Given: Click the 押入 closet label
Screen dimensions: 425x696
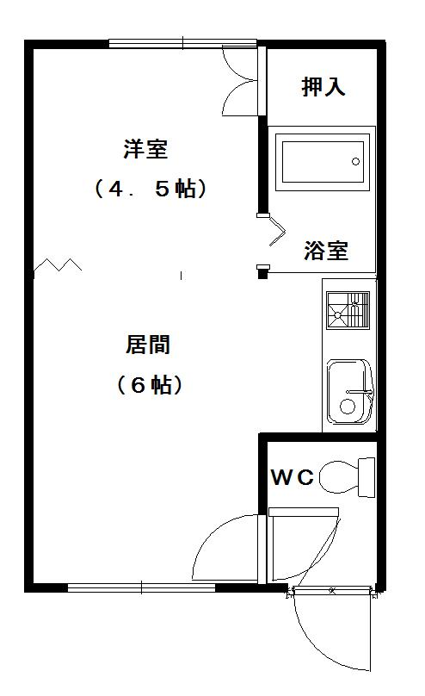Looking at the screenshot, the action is tap(323, 86).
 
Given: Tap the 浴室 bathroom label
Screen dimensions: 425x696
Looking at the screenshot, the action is tap(326, 251).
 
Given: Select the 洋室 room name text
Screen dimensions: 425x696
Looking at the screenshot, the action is tap(145, 149).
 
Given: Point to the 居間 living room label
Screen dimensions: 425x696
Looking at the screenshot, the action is tap(148, 345).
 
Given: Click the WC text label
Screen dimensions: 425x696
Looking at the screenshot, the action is tap(293, 477).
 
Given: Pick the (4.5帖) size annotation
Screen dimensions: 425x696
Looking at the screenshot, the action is tap(151, 189).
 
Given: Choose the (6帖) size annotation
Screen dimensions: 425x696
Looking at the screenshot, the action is tap(150, 384).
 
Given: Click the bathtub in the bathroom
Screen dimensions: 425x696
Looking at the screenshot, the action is tap(323, 162).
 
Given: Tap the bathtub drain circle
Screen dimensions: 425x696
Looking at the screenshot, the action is tap(355, 162).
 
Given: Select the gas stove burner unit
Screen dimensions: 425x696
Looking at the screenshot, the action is tap(348, 310).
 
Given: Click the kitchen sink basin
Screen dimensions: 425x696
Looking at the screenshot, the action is tap(350, 391).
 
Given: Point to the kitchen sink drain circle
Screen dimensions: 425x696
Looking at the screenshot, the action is tap(347, 407).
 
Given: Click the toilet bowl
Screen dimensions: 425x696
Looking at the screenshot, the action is tap(339, 477).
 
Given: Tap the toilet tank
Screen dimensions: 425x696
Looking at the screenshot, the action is tap(366, 477).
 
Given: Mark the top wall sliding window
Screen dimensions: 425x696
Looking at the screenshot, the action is tap(182, 43).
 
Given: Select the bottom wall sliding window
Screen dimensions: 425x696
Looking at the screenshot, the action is tap(141, 587).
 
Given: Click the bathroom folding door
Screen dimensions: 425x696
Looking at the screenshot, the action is tap(277, 232).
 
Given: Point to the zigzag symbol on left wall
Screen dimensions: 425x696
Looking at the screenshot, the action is tap(58, 264).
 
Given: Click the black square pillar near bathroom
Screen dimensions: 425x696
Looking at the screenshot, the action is tap(263, 274).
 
